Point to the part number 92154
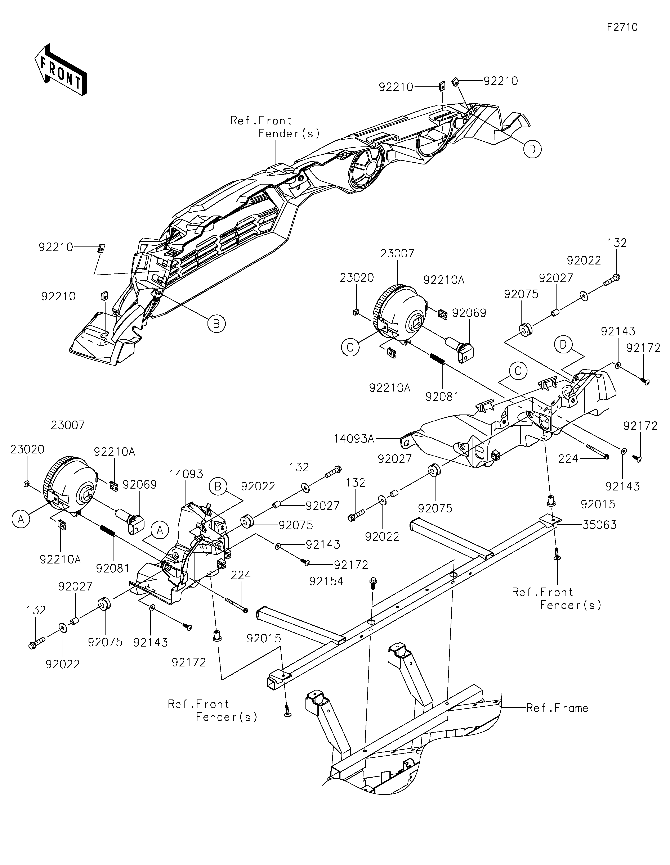click(326, 581)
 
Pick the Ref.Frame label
click(557, 708)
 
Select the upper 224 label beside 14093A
click(568, 459)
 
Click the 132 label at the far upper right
click(617, 243)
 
